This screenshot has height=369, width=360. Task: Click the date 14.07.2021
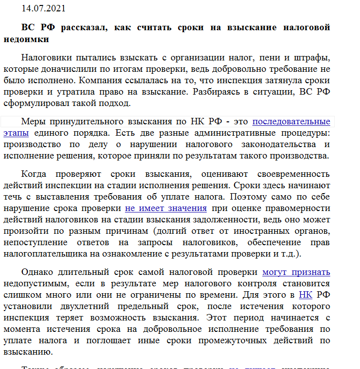[43, 8]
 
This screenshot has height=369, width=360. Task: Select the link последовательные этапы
[291, 121]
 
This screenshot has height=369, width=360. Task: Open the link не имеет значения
[166, 208]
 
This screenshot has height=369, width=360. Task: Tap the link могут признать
[296, 271]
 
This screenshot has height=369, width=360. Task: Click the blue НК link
[305, 295]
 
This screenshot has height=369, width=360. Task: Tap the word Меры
[33, 121]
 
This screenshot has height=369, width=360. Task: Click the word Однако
[38, 272]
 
